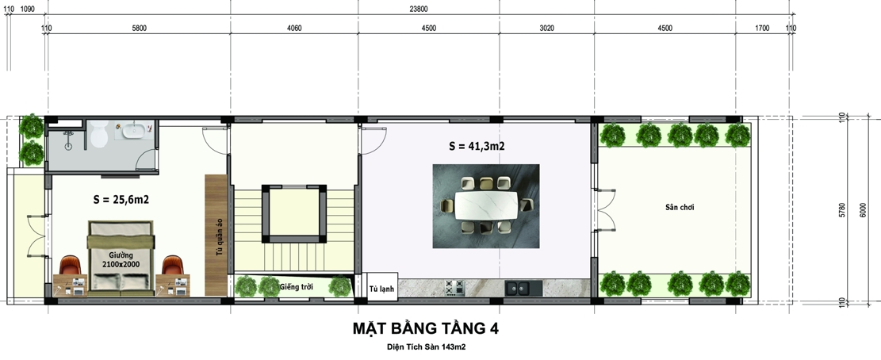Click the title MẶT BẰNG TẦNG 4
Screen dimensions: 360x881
coord(425,327)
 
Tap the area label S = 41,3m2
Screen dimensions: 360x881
coord(477,147)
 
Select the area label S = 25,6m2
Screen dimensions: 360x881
coord(121,200)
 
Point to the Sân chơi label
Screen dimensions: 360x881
coord(680,207)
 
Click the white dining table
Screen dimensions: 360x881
coord(485,206)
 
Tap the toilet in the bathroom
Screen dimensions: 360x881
coord(99,136)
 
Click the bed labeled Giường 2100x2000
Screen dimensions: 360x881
coord(121,259)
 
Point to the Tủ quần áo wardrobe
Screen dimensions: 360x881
coord(216,235)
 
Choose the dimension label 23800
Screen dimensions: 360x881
coord(419,9)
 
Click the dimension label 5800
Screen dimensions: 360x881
coord(139,28)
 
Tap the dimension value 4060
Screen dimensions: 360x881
coord(293,28)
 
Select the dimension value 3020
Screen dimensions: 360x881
coord(546,28)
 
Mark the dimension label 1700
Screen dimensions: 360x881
coord(762,28)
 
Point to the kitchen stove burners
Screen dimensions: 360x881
coord(454,289)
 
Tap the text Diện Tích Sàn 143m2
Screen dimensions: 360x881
coord(425,347)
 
